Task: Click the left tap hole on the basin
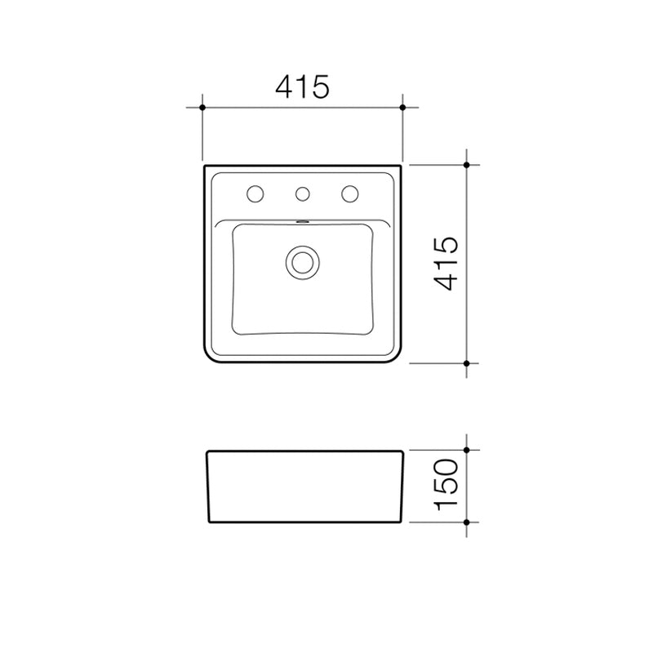point(255,193)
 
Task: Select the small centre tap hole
point(303,193)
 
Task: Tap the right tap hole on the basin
point(350,193)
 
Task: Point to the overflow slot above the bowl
point(303,220)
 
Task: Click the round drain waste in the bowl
point(303,261)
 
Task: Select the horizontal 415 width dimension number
point(302,87)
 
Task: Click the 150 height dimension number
point(446,485)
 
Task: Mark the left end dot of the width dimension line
point(202,107)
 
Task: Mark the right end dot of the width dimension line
point(403,107)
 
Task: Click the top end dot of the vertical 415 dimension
point(466,165)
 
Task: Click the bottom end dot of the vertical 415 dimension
point(466,362)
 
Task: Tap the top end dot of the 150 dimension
point(466,450)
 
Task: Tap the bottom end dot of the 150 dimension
point(466,521)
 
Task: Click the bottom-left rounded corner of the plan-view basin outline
point(209,358)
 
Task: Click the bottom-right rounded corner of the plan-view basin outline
point(397,358)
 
